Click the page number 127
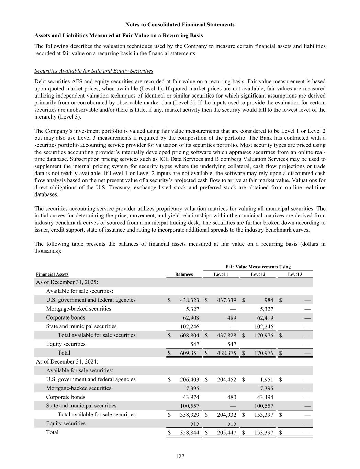coord(180,456)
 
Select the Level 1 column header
coord(221,274)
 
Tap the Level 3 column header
coord(295,274)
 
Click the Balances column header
coord(184,274)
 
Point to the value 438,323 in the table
coord(189,300)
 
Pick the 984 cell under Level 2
coord(268,300)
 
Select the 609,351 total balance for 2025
coord(189,353)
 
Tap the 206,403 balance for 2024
coord(189,379)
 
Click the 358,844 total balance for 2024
coord(189,432)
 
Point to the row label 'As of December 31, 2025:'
coord(67,282)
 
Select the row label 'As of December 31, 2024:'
coord(67,361)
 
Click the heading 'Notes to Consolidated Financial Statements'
coord(180,25)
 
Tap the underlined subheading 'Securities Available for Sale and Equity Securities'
coord(94,71)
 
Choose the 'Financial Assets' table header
coord(52,274)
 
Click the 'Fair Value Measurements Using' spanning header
coord(258,267)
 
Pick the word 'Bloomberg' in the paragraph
coord(243,159)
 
